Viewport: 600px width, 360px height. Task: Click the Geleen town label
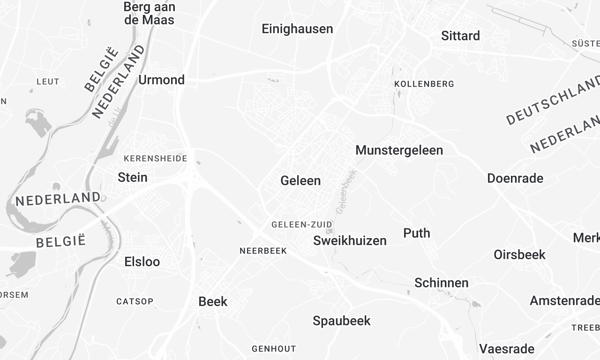coord(301,181)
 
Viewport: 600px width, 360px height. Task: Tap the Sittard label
coord(460,36)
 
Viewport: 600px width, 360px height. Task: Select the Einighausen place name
coord(297,29)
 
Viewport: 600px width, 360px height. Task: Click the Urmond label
coord(161,79)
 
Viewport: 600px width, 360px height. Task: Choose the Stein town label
coord(132,177)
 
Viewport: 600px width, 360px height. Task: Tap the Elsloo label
coord(141,262)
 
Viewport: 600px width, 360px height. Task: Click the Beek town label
coord(213,301)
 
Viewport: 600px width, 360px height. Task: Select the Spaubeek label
coord(342,321)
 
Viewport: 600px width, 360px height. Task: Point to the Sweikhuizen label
coord(349,241)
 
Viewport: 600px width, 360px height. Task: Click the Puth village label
coord(416,233)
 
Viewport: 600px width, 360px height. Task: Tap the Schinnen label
coord(441,283)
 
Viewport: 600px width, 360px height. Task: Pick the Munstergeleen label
coord(399,150)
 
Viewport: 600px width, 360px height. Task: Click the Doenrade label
coord(515,178)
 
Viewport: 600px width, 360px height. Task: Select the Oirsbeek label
coord(519,255)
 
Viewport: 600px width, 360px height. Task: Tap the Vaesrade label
coord(507,349)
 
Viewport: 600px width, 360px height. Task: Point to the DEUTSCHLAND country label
coord(552,100)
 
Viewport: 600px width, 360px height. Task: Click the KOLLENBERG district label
coord(424,84)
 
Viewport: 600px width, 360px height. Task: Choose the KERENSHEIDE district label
coord(155,158)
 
